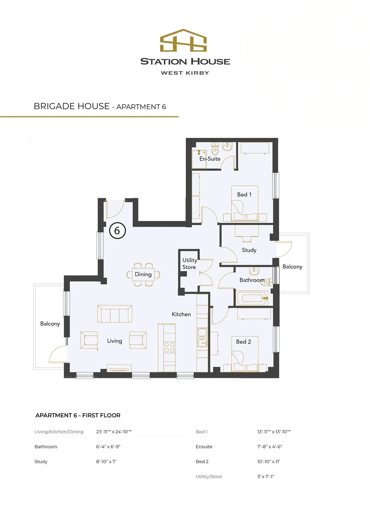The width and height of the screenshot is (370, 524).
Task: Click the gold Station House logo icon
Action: (x=183, y=41)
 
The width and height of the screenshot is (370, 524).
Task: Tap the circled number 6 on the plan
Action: (x=117, y=231)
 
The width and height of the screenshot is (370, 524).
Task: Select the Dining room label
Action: (x=143, y=274)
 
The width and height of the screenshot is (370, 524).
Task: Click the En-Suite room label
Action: (x=210, y=159)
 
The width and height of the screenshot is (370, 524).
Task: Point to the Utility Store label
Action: (x=189, y=264)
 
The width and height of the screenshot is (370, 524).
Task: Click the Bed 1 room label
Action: (x=244, y=195)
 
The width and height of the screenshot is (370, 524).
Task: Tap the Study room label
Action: (x=249, y=250)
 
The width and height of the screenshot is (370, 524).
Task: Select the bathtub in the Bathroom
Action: (x=252, y=298)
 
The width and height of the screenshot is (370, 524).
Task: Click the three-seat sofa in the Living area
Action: (x=115, y=314)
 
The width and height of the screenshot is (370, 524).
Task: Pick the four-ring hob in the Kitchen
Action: (x=169, y=347)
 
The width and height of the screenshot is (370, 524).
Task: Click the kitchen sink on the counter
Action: (x=202, y=337)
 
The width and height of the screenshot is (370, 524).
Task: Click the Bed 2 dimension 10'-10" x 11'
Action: (x=268, y=461)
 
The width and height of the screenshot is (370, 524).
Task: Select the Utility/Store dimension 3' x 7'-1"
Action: (x=266, y=477)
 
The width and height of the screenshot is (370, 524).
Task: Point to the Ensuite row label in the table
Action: (x=204, y=447)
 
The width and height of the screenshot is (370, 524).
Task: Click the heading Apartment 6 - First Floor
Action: (x=78, y=416)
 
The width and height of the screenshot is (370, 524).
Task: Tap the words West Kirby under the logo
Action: (x=185, y=73)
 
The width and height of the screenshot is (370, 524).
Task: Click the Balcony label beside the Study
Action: (x=292, y=267)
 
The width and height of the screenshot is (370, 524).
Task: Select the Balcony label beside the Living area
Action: (x=50, y=324)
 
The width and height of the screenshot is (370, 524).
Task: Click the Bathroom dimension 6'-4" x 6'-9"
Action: (x=108, y=447)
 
